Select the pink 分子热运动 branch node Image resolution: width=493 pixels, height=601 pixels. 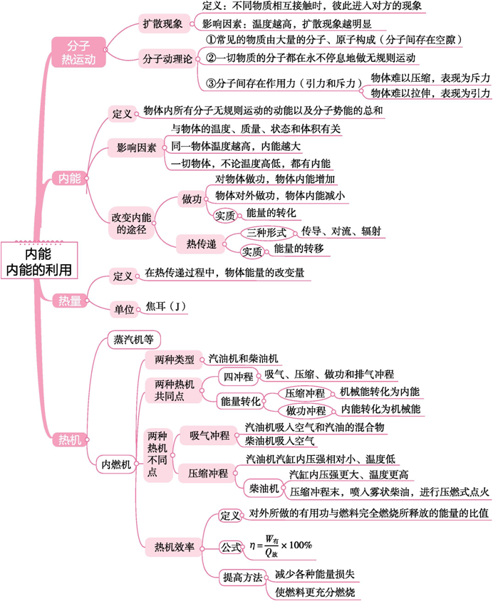78,52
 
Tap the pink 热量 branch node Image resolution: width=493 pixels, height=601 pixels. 70,300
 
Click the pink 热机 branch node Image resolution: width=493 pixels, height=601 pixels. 70,439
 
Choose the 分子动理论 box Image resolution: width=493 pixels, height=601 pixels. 167,59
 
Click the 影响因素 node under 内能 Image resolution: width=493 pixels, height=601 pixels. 137,148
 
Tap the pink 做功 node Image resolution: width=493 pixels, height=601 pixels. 192,199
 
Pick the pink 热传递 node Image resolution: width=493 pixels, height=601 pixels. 201,244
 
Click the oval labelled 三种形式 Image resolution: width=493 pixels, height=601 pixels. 266,232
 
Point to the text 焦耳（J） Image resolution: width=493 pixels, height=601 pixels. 165,307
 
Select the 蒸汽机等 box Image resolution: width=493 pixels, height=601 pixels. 134,339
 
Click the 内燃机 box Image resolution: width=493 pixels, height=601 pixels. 116,464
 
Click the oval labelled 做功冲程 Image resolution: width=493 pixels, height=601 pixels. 306,411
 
